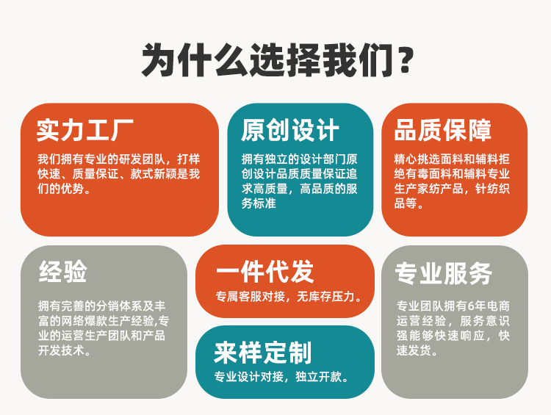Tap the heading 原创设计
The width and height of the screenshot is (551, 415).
point(290,130)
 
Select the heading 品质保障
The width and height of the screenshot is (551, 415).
point(443,130)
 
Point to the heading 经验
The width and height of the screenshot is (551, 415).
point(62,271)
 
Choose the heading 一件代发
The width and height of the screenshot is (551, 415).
point(264,271)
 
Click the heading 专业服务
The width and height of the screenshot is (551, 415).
point(443,273)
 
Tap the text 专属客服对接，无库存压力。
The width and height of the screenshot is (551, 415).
point(289,297)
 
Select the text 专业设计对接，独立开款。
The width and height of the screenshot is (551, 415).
point(281,378)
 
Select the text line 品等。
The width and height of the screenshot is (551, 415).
point(409,203)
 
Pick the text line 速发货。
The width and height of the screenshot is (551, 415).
point(417,350)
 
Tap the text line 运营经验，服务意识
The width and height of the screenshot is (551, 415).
point(453,321)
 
